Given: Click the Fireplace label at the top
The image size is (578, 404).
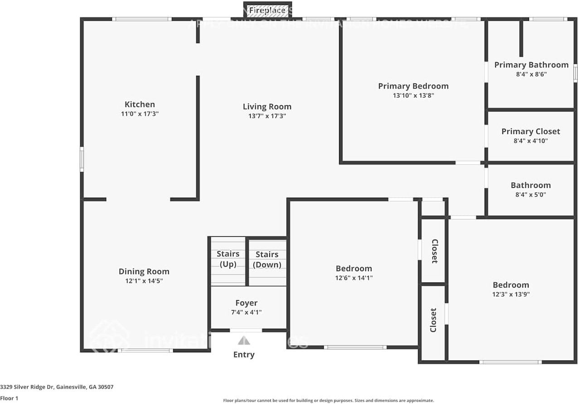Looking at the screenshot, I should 267,10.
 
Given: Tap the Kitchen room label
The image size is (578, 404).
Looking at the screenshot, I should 140,104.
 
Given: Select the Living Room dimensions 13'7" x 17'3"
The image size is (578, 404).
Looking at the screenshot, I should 267,116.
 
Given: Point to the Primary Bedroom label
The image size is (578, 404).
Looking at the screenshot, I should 413,86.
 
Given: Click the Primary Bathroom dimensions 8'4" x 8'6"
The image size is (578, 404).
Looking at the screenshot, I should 531,74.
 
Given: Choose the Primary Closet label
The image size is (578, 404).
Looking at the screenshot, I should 530,131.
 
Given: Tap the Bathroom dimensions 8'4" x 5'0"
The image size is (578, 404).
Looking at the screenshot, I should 530,195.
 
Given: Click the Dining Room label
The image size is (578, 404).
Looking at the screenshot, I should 144,272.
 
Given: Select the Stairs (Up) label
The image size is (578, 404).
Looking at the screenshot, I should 228,259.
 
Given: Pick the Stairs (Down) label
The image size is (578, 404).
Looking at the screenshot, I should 267,259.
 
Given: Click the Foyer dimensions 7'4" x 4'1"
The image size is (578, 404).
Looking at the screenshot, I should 246,312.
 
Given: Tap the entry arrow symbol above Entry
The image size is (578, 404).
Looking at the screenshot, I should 244,341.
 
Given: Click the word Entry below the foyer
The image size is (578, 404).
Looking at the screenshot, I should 244,355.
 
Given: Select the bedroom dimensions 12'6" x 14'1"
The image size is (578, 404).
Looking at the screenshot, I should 354,278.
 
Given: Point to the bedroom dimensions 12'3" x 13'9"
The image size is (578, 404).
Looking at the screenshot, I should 511,294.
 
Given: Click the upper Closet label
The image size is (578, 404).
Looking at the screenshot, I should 434,251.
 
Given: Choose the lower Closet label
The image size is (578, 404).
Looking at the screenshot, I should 433,320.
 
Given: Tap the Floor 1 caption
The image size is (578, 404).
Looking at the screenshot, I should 9,399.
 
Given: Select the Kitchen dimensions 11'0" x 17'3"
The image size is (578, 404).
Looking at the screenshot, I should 140,114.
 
